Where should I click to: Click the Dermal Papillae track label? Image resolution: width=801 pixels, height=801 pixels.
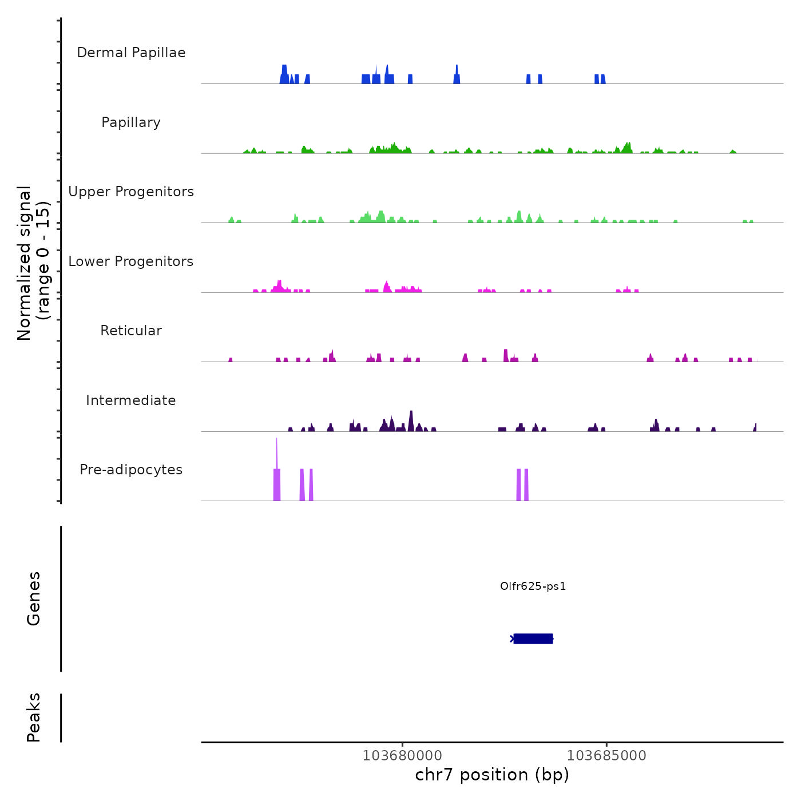point(131,53)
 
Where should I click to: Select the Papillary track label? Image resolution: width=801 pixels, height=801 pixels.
point(131,122)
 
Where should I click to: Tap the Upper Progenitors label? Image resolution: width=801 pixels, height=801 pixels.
point(131,192)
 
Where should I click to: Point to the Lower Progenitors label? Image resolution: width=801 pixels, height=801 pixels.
point(131,261)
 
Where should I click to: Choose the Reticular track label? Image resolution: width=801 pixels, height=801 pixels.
point(131,331)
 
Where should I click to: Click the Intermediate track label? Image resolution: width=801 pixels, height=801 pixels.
point(131,400)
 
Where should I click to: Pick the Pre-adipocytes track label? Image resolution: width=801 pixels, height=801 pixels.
point(131,470)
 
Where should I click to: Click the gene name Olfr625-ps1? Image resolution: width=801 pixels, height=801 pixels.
point(533,586)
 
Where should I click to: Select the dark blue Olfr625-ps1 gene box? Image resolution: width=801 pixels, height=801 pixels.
point(533,639)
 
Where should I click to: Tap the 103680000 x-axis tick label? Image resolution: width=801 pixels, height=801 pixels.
point(402,756)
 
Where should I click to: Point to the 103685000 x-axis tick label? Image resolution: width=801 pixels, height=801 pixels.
point(606,756)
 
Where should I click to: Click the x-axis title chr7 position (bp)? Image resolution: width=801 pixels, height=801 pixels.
point(492,775)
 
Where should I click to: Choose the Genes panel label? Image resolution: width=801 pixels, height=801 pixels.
point(34,598)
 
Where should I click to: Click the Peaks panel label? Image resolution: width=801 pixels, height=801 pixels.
point(34,717)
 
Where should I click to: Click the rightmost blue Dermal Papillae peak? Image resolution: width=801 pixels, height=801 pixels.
point(603,79)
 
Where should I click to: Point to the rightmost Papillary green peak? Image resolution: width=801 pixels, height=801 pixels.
point(733,152)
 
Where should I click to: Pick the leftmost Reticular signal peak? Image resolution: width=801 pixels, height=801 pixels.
point(231,360)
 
